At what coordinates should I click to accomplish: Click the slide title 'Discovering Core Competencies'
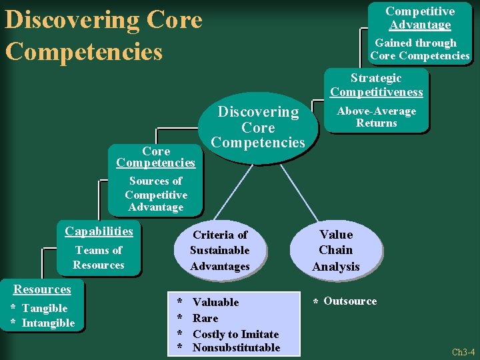point(103,35)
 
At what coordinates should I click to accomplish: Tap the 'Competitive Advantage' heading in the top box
point(420,18)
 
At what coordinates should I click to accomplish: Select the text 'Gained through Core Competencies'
point(420,49)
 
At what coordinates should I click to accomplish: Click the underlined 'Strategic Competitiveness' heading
point(377,85)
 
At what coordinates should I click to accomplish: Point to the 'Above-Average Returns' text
point(377,117)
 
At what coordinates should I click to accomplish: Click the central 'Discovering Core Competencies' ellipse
point(258,127)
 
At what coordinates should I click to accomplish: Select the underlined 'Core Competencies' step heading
point(155,157)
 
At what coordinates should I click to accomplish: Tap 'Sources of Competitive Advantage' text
point(155,194)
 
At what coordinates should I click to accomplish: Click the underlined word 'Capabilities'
point(99,231)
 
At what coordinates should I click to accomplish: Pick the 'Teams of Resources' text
point(99,257)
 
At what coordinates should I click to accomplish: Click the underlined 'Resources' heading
point(43,289)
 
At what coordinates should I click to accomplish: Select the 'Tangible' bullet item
point(45,308)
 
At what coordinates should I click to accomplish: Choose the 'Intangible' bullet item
point(49,323)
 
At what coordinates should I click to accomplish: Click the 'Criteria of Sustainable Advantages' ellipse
point(219,251)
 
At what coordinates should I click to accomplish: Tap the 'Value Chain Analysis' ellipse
point(336,250)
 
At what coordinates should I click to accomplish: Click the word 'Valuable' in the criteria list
point(215,302)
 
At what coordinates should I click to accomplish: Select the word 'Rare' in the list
point(205,318)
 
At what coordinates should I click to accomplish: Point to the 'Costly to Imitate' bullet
point(235,333)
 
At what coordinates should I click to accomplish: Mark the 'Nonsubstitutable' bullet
point(236,347)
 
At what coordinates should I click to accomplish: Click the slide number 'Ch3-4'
point(463,352)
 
